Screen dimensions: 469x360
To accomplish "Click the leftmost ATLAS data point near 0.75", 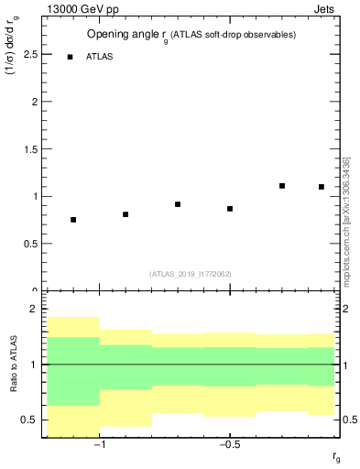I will click(73, 220).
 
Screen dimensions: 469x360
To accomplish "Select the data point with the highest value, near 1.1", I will click(282, 186).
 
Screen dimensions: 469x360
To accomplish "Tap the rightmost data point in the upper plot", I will click(322, 187).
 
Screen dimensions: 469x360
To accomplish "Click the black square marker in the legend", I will click(70, 57).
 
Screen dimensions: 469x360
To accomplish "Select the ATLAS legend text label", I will click(100, 57).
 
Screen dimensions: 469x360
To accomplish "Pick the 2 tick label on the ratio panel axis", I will click(32, 310).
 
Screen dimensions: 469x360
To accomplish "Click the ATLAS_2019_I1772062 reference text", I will click(191, 274).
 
